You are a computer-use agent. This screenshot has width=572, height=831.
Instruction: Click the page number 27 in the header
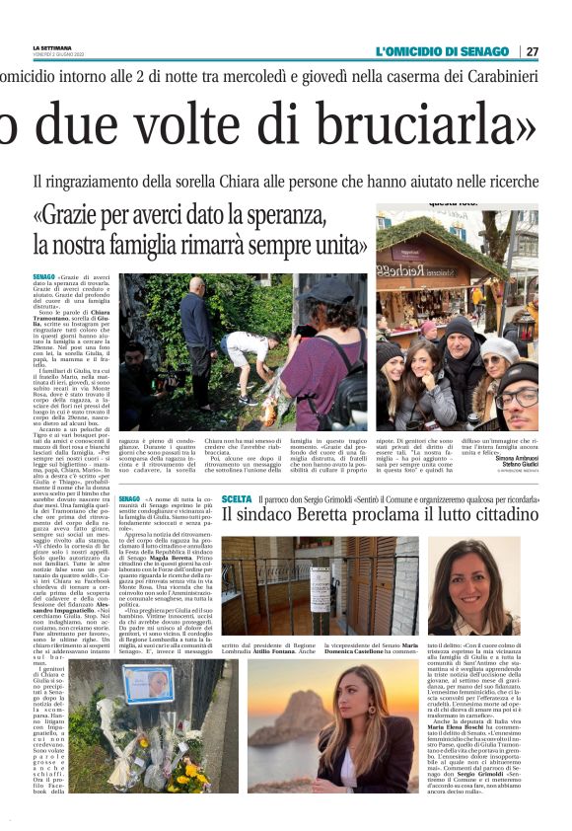[533, 51]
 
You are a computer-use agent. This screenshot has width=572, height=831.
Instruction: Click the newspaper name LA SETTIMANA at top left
[51, 46]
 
